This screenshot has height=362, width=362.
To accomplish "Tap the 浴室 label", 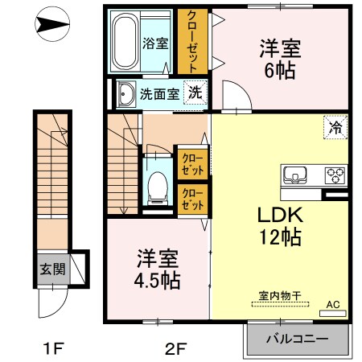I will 155,43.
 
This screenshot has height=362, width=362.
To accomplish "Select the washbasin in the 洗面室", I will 126,94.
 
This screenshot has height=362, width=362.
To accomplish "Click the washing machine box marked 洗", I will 195,92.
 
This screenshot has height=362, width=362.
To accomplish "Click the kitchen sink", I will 294,175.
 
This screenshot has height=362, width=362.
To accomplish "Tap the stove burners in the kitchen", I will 334,175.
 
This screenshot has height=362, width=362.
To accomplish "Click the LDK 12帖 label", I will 278,226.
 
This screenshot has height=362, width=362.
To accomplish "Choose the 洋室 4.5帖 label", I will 158,271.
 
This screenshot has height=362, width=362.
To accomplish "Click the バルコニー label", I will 297,339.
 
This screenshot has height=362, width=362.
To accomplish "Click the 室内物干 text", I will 279,297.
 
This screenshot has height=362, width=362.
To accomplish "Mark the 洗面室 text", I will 159,93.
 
